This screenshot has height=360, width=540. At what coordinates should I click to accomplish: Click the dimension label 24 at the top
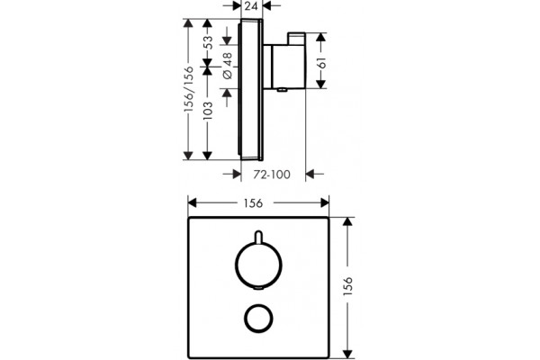251,6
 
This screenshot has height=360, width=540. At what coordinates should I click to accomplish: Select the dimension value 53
208,42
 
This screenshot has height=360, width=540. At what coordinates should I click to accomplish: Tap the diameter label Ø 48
228,66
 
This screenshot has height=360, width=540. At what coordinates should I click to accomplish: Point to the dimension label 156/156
188,89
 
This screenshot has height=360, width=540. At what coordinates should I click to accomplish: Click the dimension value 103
208,110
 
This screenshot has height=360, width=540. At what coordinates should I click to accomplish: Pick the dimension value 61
321,63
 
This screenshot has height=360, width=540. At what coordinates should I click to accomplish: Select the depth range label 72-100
272,175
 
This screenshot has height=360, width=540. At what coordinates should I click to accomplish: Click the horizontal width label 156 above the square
254,203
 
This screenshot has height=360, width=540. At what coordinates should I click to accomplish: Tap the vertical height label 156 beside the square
348,285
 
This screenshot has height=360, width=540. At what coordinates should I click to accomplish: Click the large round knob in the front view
258,265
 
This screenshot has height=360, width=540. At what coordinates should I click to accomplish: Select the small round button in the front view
258,319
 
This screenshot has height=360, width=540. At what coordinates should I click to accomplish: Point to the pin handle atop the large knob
258,237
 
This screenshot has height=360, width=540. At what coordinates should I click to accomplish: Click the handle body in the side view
284,66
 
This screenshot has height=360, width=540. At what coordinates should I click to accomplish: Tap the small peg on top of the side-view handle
296,38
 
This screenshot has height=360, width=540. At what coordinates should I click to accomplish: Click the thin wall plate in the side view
251,90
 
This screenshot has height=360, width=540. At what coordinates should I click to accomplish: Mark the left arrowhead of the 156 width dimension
193,203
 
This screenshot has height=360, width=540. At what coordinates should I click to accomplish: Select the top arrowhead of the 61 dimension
321,38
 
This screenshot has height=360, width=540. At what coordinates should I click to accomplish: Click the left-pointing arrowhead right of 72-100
310,175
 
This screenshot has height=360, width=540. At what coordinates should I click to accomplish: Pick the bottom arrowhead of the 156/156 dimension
188,156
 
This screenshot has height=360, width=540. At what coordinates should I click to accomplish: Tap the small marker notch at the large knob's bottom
258,289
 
